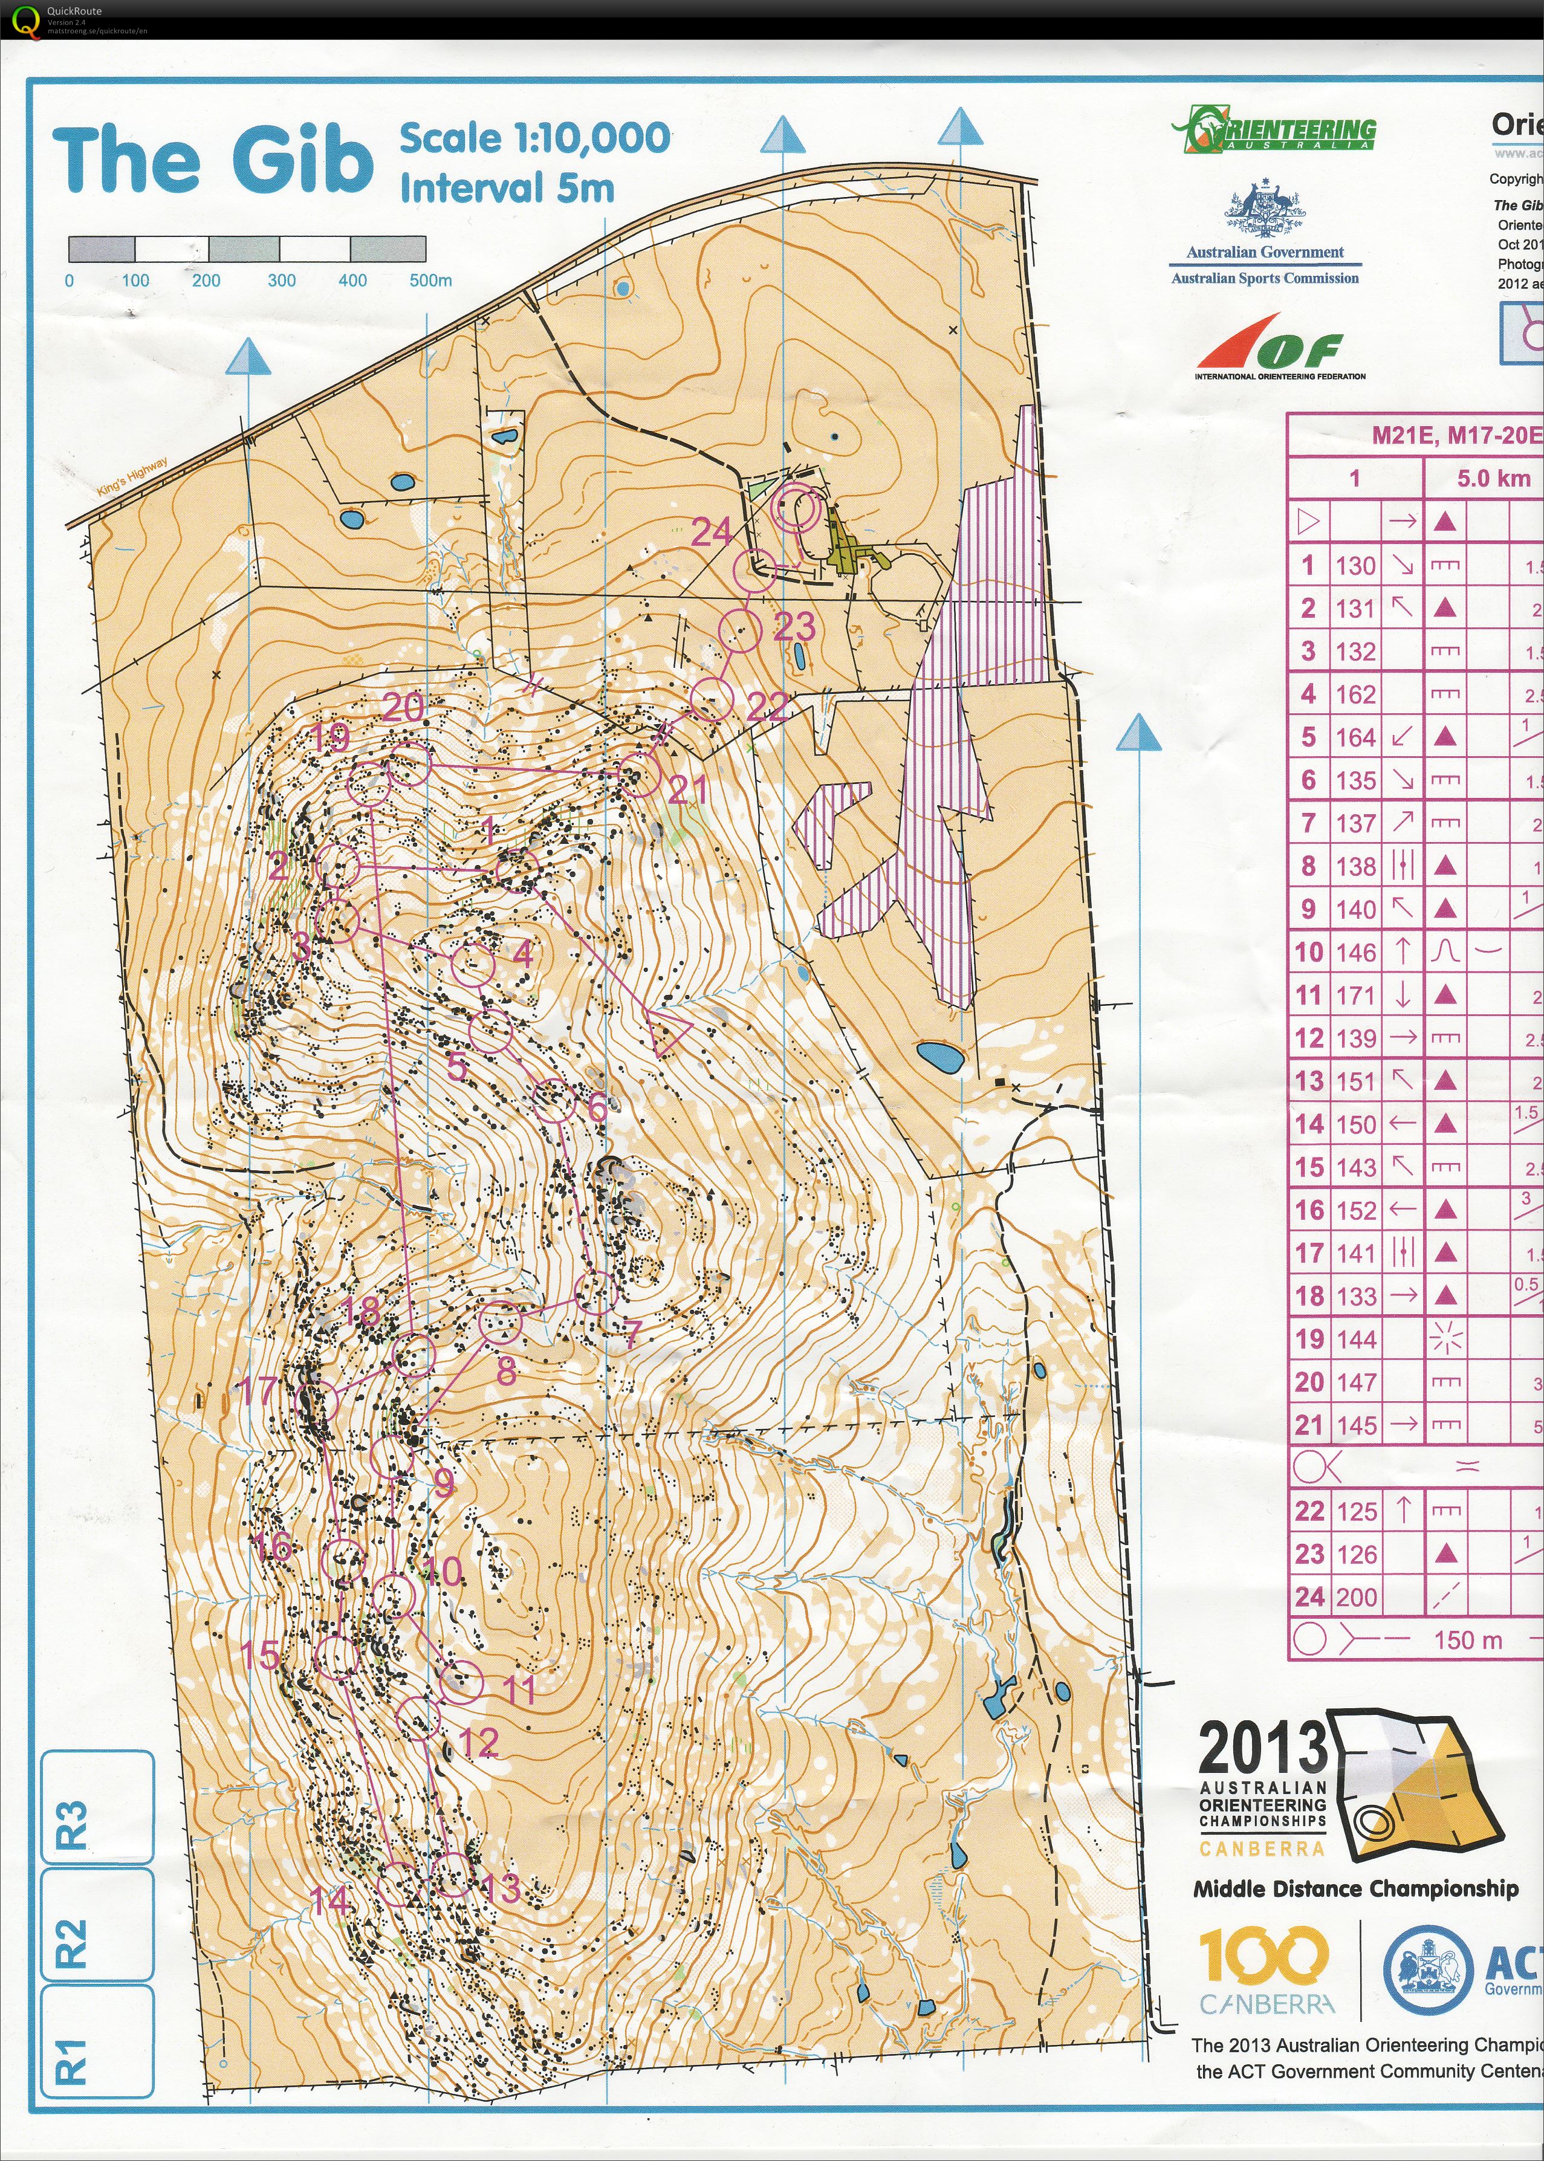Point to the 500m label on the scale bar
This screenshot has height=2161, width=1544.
[430, 280]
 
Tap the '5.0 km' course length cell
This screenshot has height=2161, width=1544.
[1493, 478]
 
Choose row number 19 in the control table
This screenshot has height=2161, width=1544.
[1309, 1339]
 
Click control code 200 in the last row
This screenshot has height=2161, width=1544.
[1356, 1596]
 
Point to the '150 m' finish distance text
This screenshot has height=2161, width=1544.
[1467, 1639]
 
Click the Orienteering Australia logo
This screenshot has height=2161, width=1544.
[1274, 130]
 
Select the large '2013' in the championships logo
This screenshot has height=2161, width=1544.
[1262, 1748]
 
